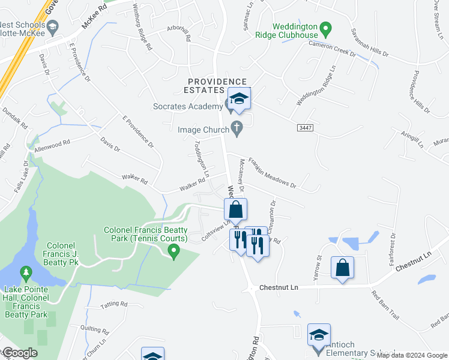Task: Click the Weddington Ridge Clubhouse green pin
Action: (x=325, y=28)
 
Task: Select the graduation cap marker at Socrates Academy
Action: (x=239, y=99)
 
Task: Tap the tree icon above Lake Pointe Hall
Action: (x=26, y=274)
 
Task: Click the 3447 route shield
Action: (x=305, y=128)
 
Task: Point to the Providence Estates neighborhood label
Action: (x=217, y=86)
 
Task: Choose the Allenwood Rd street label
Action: (x=52, y=146)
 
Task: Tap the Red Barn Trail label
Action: (x=385, y=304)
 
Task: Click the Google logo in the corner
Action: (x=20, y=353)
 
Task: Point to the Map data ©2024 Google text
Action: (x=412, y=355)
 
